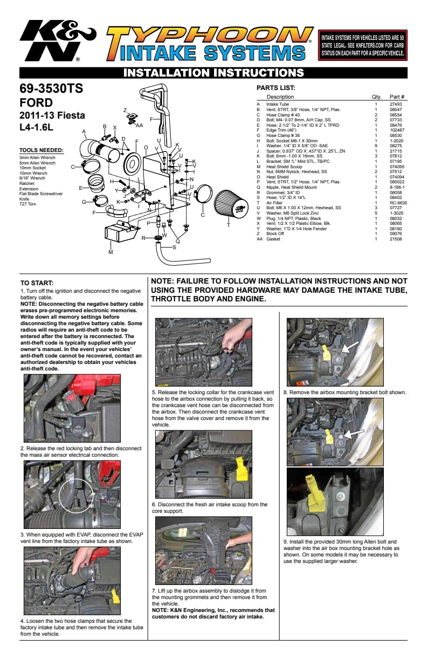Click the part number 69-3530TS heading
51,88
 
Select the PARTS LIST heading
276,88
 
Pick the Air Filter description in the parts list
274,203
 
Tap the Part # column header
397,97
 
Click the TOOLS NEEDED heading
42,150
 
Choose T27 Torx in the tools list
28,204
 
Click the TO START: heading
37,283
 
